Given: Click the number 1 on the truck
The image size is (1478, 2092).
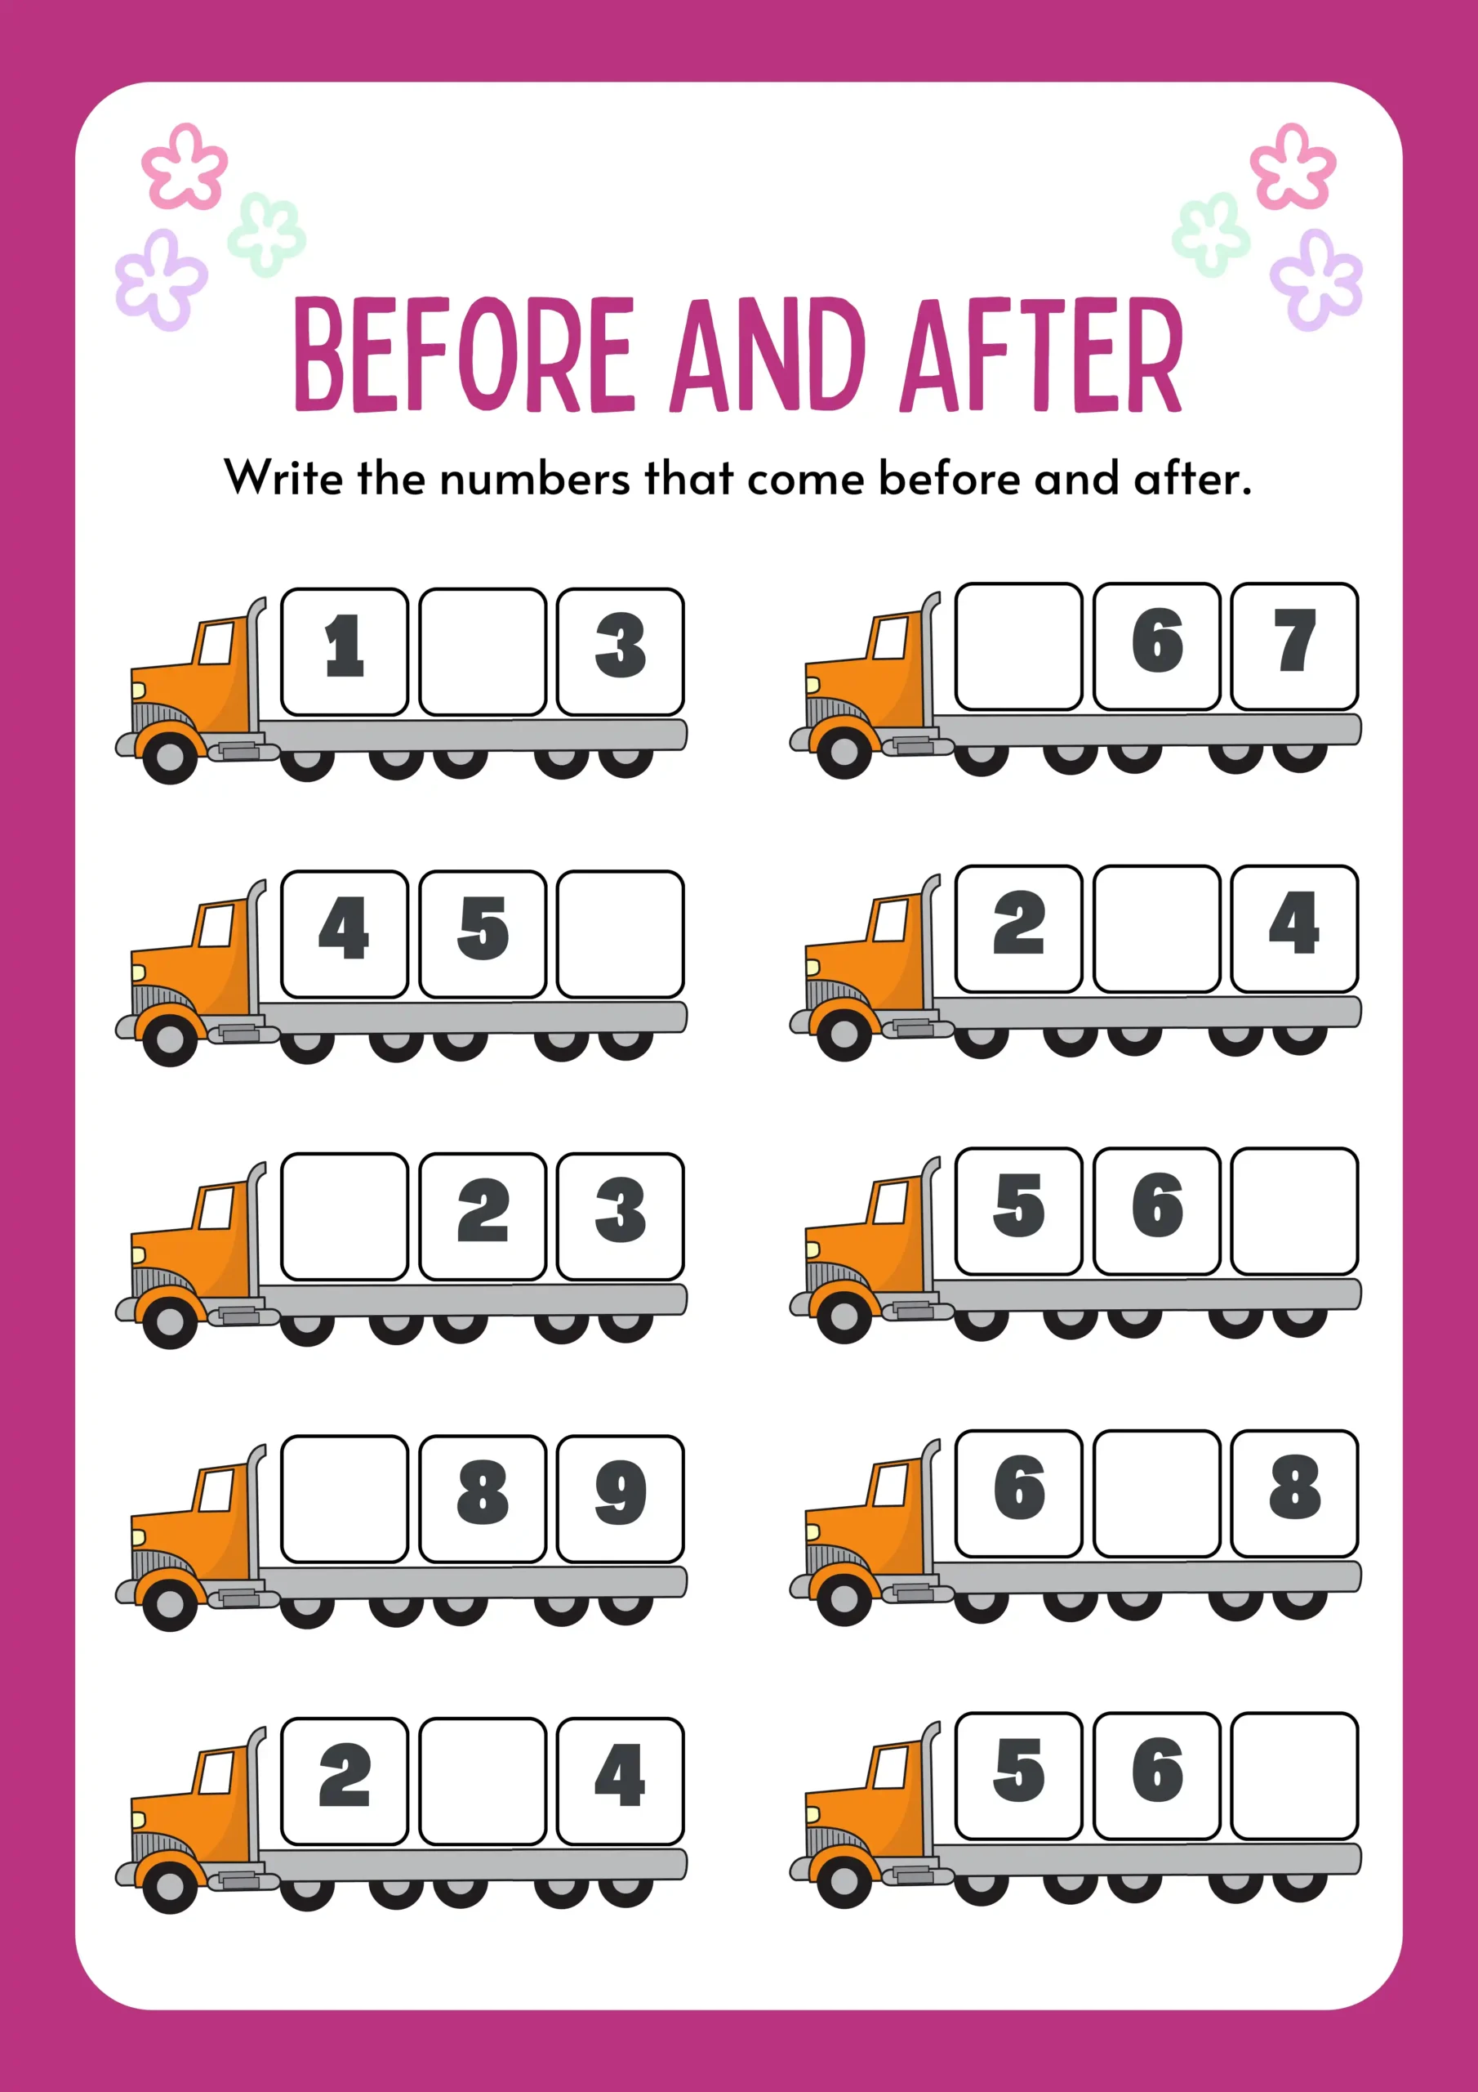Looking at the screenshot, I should [x=345, y=646].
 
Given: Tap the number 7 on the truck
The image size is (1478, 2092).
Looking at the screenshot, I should [x=1294, y=641].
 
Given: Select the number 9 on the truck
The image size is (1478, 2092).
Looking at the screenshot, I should [x=620, y=1492].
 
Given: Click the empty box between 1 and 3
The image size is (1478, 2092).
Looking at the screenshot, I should [x=483, y=651].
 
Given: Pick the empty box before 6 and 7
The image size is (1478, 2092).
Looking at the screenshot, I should [x=1018, y=646].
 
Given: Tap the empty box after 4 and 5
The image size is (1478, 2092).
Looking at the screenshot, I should [x=620, y=934].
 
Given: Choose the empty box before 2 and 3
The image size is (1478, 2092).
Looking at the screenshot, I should [x=345, y=1217].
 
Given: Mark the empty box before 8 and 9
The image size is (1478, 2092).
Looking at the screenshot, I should [x=345, y=1499].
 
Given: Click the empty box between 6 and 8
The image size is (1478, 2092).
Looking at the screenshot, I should [x=1156, y=1493].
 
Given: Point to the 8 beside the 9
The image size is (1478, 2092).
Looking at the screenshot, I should [x=483, y=1492].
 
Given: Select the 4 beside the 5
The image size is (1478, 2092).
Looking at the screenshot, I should [x=345, y=928].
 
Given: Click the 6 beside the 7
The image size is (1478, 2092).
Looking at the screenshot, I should [x=1156, y=641].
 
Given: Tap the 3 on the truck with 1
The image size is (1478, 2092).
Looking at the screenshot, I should [x=620, y=646].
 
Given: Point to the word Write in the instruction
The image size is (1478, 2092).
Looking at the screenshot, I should [x=283, y=477].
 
